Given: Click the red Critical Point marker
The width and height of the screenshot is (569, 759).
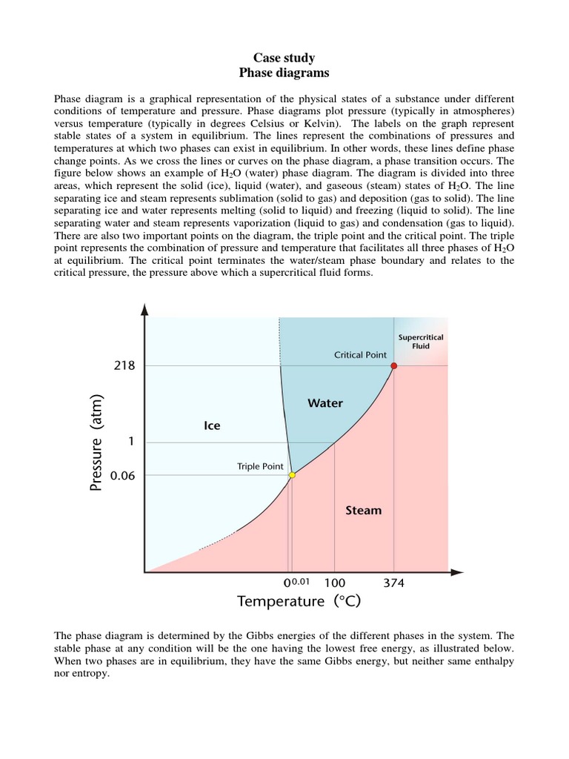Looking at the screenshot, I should pos(393,365).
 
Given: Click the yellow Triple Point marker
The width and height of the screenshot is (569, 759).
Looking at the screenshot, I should pos(292,474).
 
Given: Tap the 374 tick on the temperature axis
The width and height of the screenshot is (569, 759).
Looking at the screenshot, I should pos(393,583).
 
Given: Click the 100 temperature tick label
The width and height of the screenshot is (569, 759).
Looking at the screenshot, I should pos(335,583).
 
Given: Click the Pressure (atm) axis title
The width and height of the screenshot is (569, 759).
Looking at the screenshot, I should pos(97,443).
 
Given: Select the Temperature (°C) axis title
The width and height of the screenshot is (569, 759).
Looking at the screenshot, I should pos(299,601).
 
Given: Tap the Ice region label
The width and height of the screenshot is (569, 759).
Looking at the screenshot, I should pos(212,425).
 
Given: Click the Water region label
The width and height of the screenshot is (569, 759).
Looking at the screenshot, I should pos(325,403).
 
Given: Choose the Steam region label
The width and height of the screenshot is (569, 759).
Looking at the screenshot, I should pos(364,510).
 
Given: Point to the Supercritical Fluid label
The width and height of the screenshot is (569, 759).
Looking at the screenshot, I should pos(421,342).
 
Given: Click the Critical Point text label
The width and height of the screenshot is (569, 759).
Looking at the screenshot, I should pos(360,355).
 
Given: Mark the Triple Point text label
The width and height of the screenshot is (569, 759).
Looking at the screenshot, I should pos(259,466).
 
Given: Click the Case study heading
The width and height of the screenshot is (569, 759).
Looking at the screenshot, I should pos(284,58).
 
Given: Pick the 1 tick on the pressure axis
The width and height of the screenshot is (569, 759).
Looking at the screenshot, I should pos(131,442).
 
